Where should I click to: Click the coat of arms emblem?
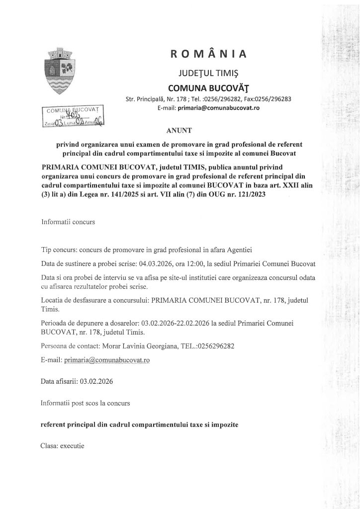click(59, 73)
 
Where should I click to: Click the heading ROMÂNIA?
click(208, 53)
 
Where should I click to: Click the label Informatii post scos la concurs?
click(86, 404)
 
